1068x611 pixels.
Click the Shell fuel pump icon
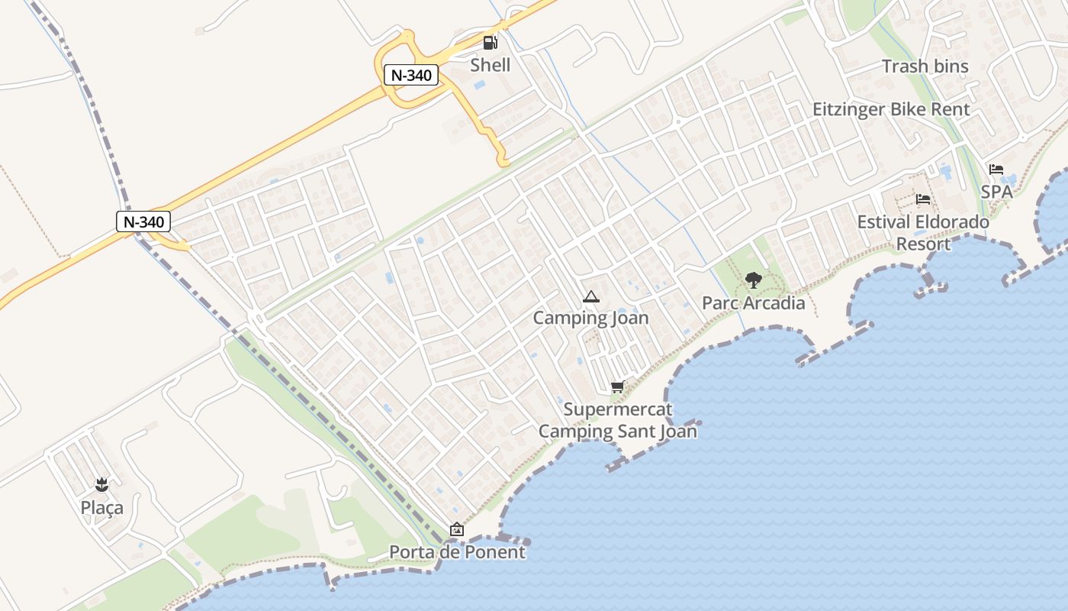[x=490, y=42]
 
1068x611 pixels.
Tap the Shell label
[x=490, y=65]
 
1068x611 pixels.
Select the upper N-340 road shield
[x=411, y=75]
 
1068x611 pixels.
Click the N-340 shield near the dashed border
[x=143, y=221]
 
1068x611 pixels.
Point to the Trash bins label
[x=925, y=66]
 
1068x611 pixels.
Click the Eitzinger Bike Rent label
[x=891, y=109]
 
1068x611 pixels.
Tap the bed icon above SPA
[x=996, y=170]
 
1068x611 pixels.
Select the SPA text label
[x=996, y=192]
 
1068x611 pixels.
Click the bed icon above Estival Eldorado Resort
[x=922, y=200]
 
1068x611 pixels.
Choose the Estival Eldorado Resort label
[x=923, y=233]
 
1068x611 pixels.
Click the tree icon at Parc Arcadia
[x=753, y=280]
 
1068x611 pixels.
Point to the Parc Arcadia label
[x=753, y=303]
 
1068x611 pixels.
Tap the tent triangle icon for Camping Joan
[x=590, y=296]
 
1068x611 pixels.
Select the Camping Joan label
[x=590, y=318]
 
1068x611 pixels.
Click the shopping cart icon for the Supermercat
[x=617, y=387]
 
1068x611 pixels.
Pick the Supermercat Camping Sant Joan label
[x=618, y=420]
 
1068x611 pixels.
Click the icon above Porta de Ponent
[x=457, y=529]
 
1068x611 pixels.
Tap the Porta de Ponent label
[x=457, y=551]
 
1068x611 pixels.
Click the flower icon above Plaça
[x=101, y=484]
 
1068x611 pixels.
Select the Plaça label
[x=101, y=507]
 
